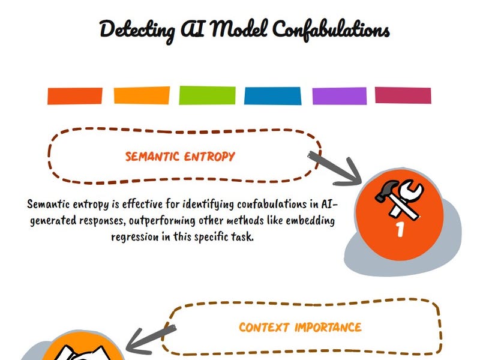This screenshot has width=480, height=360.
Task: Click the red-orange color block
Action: coord(75,96)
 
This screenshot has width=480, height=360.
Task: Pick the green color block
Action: coord(206,95)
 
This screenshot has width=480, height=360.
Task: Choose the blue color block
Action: coord(272,95)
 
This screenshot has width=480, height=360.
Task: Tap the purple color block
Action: coord(339,95)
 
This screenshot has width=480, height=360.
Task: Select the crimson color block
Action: coord(403,95)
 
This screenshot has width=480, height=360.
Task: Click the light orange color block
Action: coord(142,95)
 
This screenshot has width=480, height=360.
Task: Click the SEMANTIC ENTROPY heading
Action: coord(180,157)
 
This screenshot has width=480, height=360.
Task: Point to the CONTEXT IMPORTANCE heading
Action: coord(300,328)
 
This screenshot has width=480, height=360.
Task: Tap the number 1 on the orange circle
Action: coord(400,229)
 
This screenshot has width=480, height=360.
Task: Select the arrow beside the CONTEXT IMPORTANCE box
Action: coord(151,337)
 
